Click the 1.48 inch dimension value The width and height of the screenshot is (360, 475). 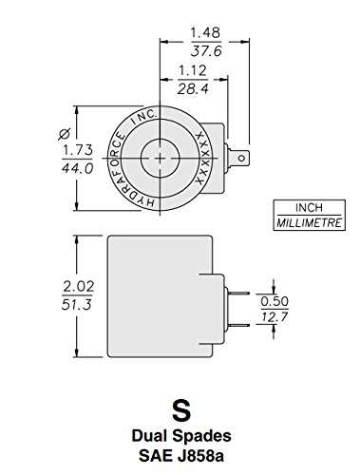[205, 32]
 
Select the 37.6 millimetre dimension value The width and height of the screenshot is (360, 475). [206, 50]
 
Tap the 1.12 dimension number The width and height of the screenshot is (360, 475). [192, 70]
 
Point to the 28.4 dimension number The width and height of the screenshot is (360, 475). [193, 88]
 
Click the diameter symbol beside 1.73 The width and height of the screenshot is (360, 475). [65, 134]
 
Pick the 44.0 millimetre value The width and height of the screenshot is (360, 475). [78, 168]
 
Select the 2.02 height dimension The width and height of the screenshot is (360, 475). [79, 287]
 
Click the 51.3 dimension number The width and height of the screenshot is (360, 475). [77, 304]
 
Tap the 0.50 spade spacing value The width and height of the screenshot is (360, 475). [275, 301]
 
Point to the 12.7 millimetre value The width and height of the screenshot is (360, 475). [275, 316]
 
